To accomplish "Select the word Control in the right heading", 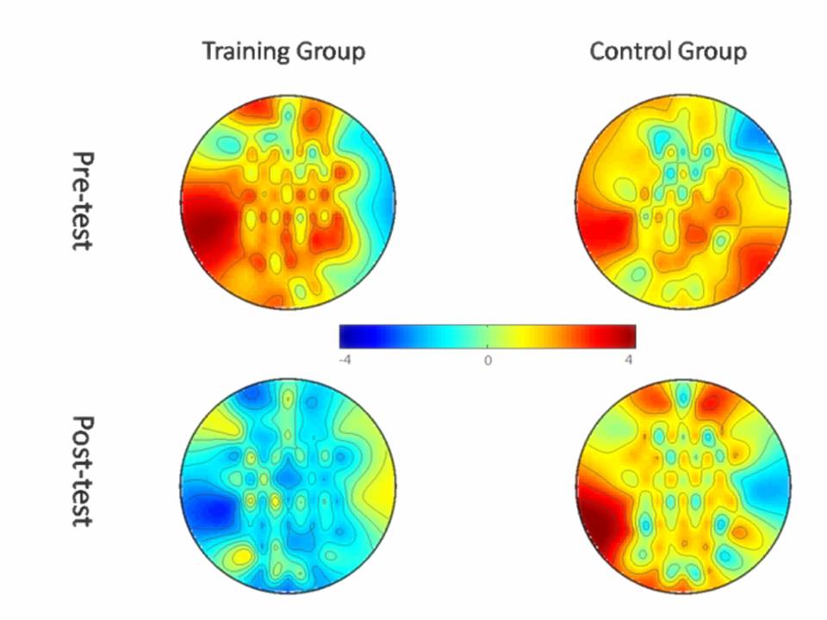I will click(627, 52).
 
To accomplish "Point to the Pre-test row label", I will click(83, 201).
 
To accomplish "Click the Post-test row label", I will click(83, 471).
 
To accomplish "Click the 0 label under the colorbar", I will click(488, 360).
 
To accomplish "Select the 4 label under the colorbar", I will click(631, 360).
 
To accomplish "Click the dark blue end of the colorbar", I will click(346, 336).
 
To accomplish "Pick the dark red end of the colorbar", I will click(629, 336).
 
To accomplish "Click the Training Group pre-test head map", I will click(289, 201).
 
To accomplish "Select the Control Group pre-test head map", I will click(683, 201).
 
